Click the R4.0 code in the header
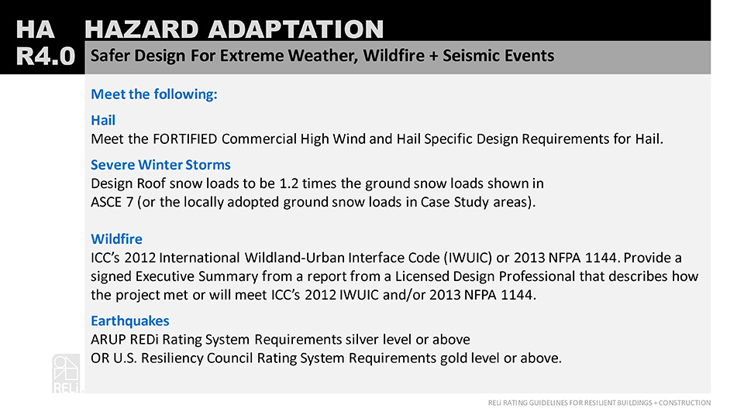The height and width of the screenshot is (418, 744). point(46,57)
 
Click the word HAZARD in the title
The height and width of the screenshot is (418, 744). point(141,29)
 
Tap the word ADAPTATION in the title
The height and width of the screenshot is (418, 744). point(295,29)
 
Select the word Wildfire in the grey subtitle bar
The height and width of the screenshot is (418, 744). point(394,56)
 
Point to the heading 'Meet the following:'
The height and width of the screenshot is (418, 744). point(154,94)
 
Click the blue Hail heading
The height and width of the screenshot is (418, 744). point(103,121)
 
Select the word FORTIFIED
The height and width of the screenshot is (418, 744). point(185,139)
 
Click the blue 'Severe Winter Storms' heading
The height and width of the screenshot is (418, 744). point(160,165)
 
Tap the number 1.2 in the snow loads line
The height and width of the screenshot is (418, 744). point(288,183)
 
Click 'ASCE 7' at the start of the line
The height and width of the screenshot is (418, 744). point(112,202)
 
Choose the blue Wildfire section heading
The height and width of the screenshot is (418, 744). point(116,239)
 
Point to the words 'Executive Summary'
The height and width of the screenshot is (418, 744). point(197,276)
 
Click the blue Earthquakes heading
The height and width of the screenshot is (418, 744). point(130,320)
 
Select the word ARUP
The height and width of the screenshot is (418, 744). point(108,340)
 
